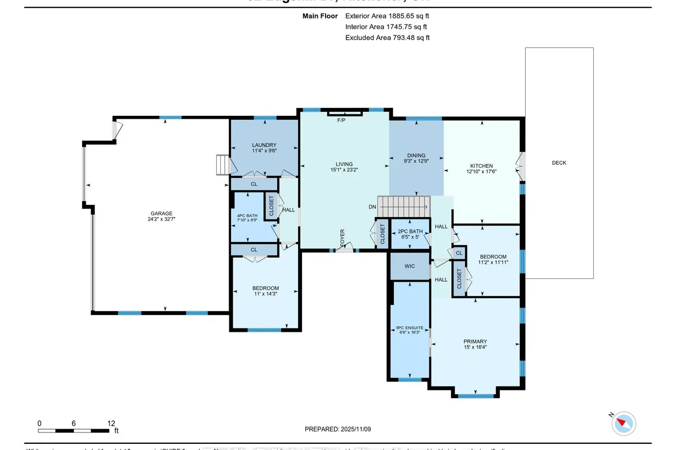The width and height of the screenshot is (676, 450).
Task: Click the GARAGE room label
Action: pos(161,214)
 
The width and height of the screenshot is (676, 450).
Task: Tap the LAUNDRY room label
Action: pos(264,146)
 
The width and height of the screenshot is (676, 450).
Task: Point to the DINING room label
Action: pos(416,156)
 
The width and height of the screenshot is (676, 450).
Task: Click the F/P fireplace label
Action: pos(341,121)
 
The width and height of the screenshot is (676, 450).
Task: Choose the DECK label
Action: pos(559,163)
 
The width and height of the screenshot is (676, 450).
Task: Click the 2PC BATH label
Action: pos(410,231)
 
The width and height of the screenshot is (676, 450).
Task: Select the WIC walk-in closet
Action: pos(410,265)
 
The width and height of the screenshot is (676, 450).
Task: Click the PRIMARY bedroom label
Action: pos(475,341)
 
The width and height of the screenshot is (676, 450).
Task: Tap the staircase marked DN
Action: pos(403,206)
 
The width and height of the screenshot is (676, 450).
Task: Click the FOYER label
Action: pos(342,237)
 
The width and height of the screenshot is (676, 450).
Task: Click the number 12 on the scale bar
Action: pos(111,423)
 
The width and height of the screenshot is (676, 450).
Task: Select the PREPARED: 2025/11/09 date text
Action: pos(338,429)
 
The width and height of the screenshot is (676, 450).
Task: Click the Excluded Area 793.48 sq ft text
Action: pos(387,38)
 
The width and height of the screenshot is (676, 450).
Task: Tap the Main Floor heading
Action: pos(321,16)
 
